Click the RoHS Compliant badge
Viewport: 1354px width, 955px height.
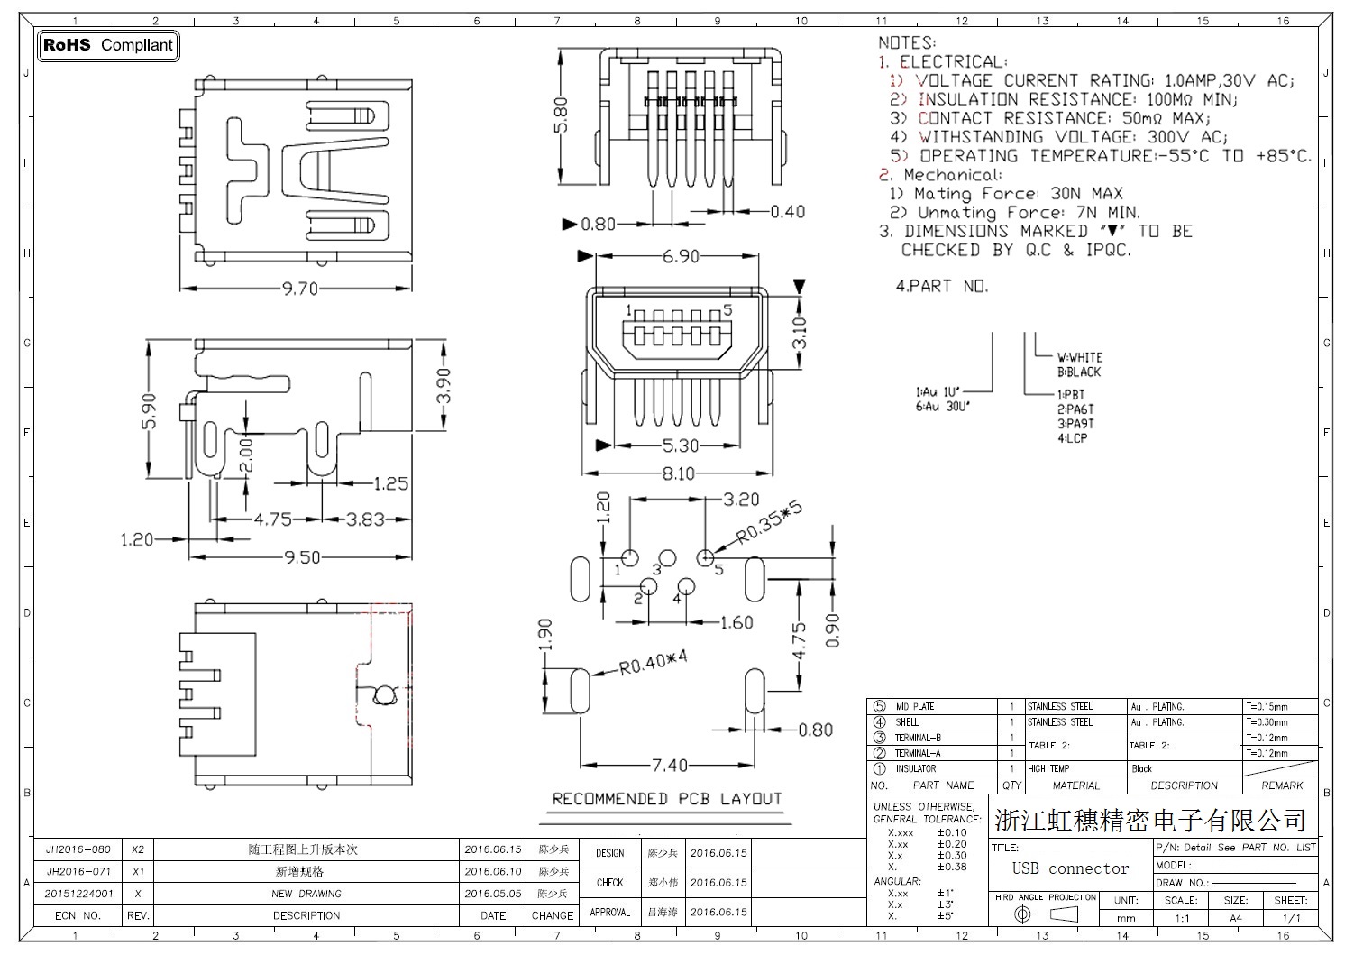point(107,45)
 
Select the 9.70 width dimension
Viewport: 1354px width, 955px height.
point(299,289)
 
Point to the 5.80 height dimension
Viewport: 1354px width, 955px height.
point(562,115)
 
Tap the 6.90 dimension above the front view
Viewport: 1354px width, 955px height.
point(681,257)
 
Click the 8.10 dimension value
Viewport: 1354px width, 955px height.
point(678,473)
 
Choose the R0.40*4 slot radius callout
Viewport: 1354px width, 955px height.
point(653,664)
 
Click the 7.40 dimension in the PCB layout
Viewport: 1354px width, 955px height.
point(669,765)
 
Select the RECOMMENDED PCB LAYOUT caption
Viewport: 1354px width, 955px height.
point(667,799)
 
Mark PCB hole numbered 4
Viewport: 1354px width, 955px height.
point(686,587)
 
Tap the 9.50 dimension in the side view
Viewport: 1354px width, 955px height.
point(302,557)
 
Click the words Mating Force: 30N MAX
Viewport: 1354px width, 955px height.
point(1018,194)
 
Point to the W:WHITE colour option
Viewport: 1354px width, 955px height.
point(1080,357)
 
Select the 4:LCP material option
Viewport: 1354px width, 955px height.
point(1073,438)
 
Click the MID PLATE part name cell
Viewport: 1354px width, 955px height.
point(915,707)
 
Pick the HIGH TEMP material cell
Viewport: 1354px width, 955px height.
point(1048,768)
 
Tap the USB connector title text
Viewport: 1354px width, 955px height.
point(1070,868)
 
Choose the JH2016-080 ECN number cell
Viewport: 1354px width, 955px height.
point(78,849)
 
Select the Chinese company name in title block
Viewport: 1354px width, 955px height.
point(1150,821)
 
